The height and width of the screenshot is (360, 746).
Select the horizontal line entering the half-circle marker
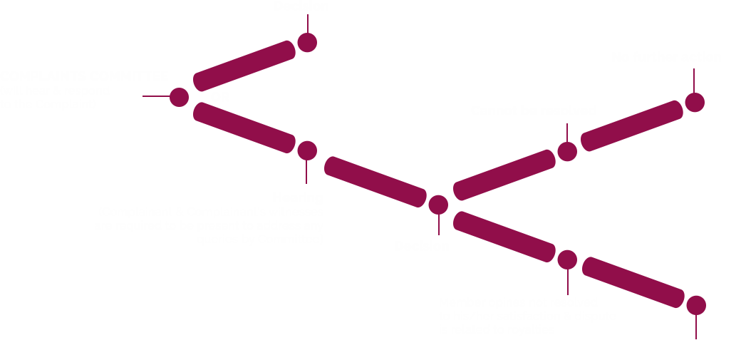coord(155,96)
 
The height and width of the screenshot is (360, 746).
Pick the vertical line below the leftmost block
coord(306,171)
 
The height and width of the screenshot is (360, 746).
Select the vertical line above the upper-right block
coord(694,80)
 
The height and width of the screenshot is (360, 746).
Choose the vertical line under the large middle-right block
coord(567,282)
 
